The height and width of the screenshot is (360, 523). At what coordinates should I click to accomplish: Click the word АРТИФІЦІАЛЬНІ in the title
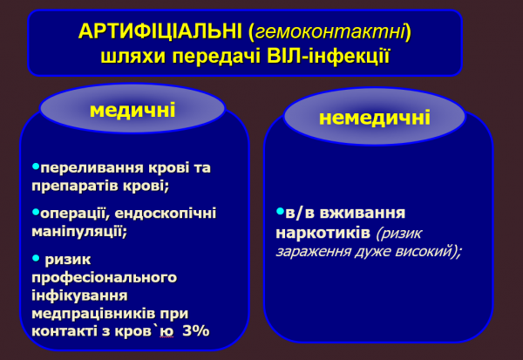(x=160, y=32)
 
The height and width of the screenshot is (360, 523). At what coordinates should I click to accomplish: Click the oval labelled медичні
(x=132, y=111)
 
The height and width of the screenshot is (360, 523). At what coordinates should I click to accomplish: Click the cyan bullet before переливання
(x=35, y=166)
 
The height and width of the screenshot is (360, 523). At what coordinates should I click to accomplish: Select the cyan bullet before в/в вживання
(x=279, y=212)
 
